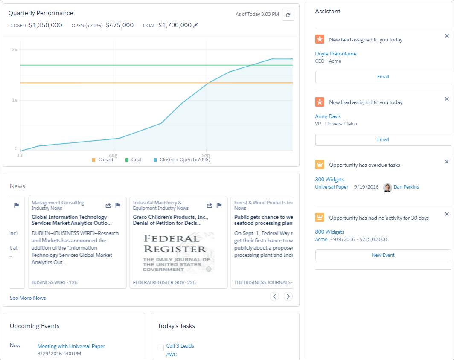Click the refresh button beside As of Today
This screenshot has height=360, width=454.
[x=288, y=15]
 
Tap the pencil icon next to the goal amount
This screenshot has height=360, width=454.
[x=196, y=26]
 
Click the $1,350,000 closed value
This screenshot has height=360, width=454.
[x=46, y=26]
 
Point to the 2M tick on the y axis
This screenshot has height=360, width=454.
[x=15, y=50]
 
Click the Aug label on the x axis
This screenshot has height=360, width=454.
[x=113, y=155]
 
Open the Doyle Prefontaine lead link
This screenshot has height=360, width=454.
[x=335, y=54]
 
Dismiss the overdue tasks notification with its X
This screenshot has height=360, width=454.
[x=447, y=162]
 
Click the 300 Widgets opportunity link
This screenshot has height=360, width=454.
[x=329, y=180]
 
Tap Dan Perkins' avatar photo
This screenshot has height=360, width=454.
[x=387, y=187]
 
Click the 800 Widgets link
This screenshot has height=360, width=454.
[x=329, y=232]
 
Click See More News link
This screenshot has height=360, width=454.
[x=28, y=298]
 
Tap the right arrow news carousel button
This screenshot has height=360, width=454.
[x=288, y=296]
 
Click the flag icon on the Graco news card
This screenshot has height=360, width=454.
[x=219, y=206]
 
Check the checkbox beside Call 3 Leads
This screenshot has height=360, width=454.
[x=161, y=348]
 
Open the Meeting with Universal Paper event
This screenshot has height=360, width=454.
[x=71, y=346]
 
